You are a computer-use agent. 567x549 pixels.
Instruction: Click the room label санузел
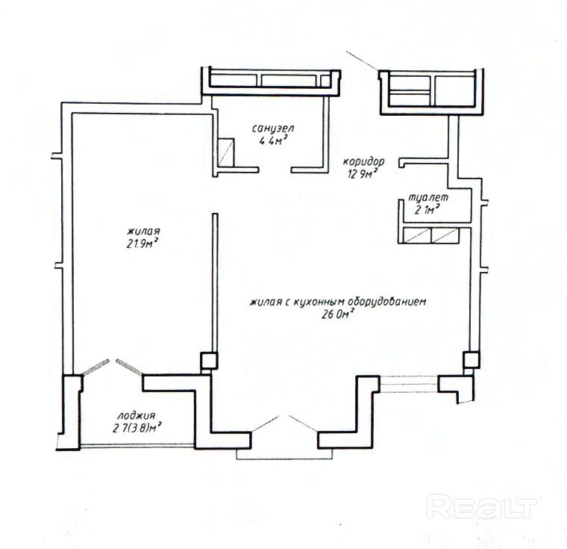[x=273, y=128]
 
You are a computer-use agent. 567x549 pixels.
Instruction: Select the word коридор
[x=363, y=161]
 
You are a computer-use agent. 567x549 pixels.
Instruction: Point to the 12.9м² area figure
[x=363, y=174]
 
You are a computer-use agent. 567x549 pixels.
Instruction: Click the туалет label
[x=428, y=198]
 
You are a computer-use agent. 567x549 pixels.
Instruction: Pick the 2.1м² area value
[x=427, y=209]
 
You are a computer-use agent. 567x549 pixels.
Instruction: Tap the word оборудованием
[x=386, y=302]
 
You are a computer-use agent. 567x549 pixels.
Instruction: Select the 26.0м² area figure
[x=337, y=314]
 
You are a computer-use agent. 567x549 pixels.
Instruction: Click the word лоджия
[x=137, y=416]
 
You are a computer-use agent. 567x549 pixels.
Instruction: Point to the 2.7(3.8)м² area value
[x=137, y=428]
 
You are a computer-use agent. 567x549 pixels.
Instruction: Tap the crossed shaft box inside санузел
[x=225, y=152]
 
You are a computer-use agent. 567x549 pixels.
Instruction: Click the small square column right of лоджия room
[x=209, y=361]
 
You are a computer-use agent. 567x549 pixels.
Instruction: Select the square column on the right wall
[x=472, y=359]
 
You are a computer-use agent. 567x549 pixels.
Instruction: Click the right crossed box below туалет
[x=445, y=235]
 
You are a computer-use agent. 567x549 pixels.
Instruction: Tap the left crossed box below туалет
[x=417, y=235]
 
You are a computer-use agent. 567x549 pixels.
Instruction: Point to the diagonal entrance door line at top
[x=363, y=61]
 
